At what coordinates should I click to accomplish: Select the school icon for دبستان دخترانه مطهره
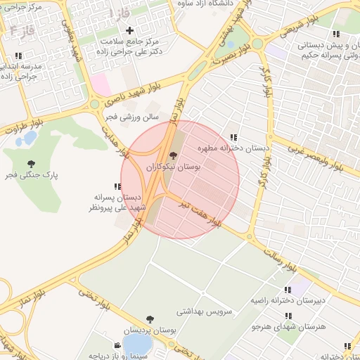tap(233, 138)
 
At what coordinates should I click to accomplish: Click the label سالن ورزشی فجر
tap(132, 117)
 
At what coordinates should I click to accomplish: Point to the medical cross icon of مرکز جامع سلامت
tap(129, 31)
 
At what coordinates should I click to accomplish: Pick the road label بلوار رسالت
tap(286, 257)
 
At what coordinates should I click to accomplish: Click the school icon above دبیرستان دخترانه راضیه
tap(288, 290)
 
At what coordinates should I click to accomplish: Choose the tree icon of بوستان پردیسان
tap(149, 320)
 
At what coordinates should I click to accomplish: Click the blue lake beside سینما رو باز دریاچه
tap(136, 345)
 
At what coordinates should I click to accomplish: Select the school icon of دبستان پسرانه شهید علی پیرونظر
tap(117, 186)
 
